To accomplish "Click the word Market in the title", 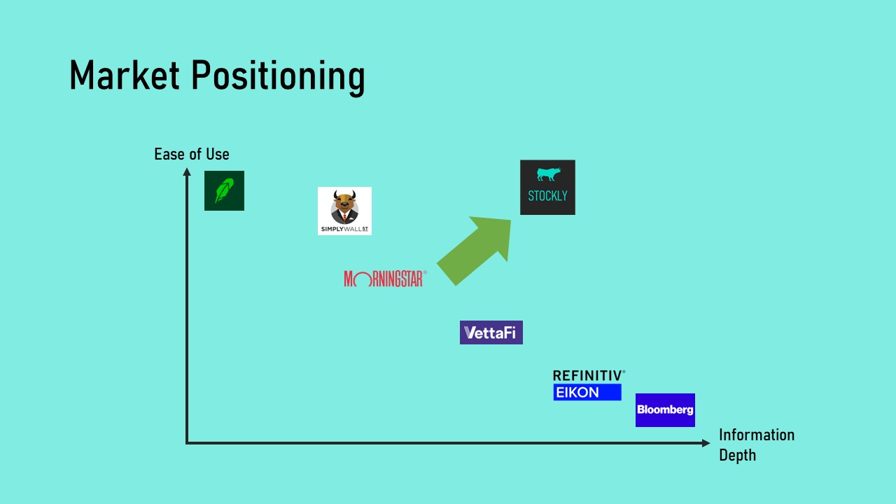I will coord(124,75).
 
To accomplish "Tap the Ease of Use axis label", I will coord(191,154).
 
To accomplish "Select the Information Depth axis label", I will coord(756,444).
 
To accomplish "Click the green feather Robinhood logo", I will coord(224,190).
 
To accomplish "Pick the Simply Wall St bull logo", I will coord(344,211).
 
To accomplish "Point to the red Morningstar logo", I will coord(384,279).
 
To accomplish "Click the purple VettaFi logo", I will coord(491,332).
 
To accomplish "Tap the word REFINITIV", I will coord(588,376).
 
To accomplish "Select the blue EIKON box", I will coord(587,393).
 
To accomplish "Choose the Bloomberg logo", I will coord(665,409).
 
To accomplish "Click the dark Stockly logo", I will coord(547,187).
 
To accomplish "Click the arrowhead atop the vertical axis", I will coord(187,172).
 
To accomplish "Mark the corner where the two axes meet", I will coord(187,442).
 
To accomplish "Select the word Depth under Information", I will coord(737,455).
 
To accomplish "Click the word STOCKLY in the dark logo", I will coord(547,196).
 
